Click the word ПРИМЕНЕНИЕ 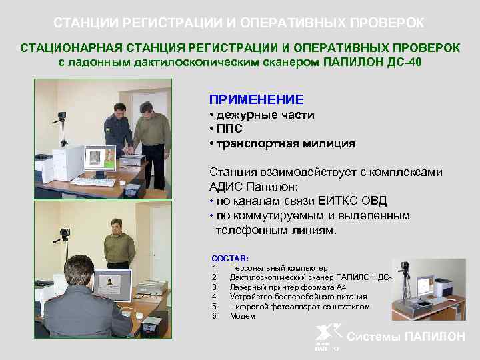coord(256,99)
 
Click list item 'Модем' coord(242,316)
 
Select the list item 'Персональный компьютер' coord(274,267)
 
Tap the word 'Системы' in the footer coord(375,337)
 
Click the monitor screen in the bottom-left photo coord(111,287)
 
